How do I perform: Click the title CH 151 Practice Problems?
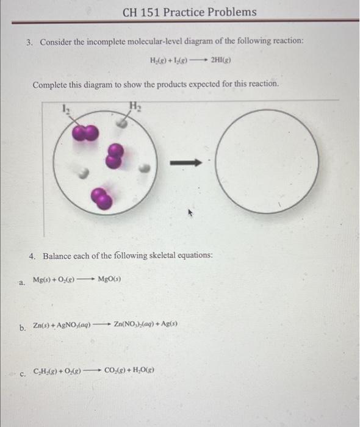(189, 12)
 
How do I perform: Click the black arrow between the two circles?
(186, 163)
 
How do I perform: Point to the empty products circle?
(267, 110)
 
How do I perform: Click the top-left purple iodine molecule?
(85, 132)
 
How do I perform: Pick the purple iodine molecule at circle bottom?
(101, 198)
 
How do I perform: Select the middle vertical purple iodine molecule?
(115, 156)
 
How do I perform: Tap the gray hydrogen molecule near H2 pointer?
(121, 124)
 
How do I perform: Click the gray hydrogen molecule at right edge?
(145, 168)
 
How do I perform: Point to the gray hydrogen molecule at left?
(84, 173)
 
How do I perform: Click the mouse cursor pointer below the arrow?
(190, 212)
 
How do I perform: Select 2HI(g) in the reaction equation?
(221, 60)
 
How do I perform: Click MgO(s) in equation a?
(109, 279)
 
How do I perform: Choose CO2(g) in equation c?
(115, 370)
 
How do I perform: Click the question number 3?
(29, 43)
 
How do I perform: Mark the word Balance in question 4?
(56, 256)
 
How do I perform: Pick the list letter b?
(23, 328)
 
